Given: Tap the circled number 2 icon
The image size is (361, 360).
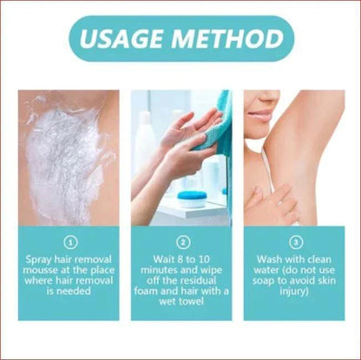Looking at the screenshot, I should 180,243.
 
